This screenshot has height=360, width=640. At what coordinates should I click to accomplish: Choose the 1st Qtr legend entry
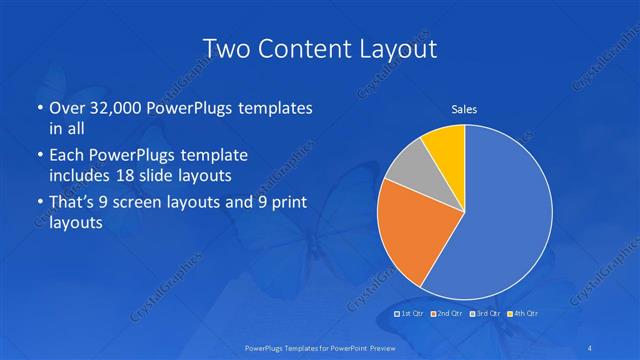click(412, 314)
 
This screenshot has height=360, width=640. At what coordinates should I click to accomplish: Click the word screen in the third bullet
click(155, 203)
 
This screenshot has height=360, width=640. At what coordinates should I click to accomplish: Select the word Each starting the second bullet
click(65, 156)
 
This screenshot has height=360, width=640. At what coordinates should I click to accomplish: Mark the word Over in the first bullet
click(67, 108)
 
